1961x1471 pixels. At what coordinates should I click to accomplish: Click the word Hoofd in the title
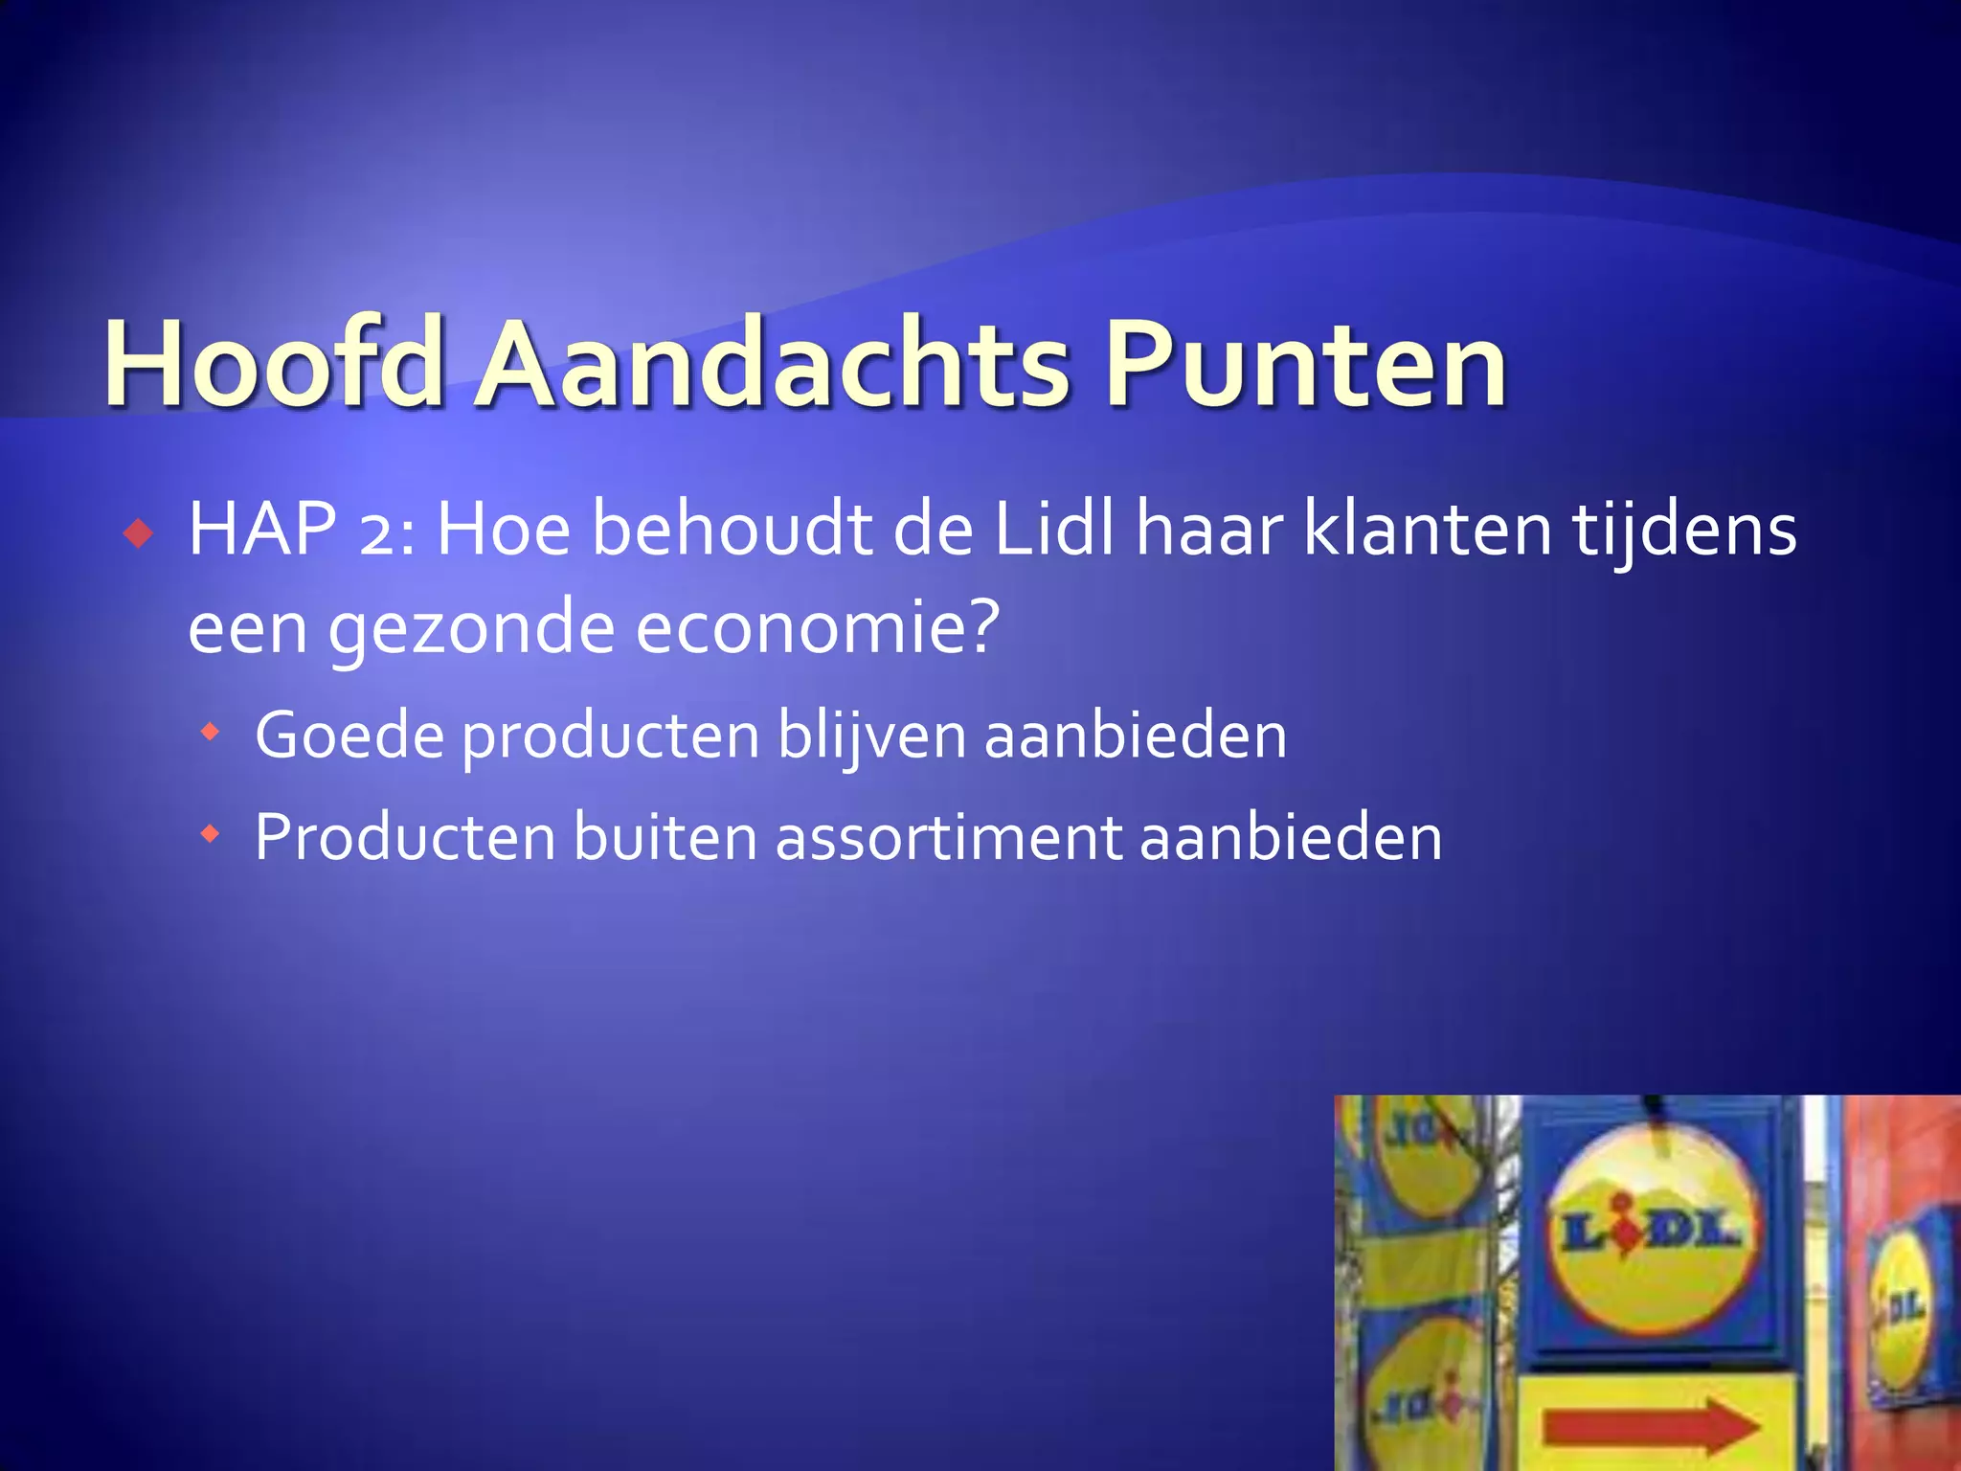click(x=273, y=364)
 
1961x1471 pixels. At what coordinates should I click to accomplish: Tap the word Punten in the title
click(x=1305, y=364)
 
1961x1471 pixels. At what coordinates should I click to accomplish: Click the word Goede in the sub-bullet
click(x=349, y=735)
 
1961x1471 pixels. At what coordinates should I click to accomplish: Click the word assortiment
click(x=948, y=837)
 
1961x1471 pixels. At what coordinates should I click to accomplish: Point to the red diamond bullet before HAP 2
click(x=139, y=532)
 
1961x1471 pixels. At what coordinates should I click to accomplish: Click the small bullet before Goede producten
click(x=210, y=734)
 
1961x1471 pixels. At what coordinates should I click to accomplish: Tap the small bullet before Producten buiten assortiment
click(x=210, y=835)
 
